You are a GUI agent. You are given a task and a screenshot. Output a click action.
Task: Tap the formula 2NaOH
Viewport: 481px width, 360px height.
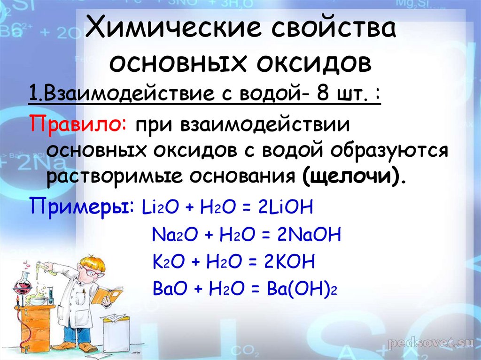coord(309,235)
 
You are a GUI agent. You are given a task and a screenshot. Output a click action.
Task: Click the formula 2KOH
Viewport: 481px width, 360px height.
coord(289,261)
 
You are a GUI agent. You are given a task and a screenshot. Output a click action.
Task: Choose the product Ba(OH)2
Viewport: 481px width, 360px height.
coord(302,289)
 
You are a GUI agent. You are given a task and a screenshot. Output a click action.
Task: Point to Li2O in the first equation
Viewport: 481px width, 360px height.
coord(160,207)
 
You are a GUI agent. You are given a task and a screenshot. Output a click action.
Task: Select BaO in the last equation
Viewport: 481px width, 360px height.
coord(170,289)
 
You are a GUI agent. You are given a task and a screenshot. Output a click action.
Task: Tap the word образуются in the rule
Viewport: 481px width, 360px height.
coord(389,151)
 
